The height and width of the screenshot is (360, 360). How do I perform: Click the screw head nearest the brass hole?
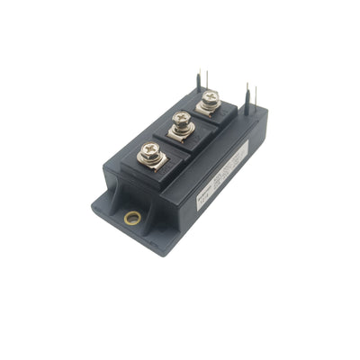pyautogui.click(x=150, y=154)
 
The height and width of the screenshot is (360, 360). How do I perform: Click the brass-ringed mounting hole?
pyautogui.click(x=132, y=217)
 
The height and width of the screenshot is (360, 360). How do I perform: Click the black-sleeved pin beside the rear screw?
pyautogui.click(x=197, y=83)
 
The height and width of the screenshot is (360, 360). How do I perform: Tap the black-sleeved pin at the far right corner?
pyautogui.click(x=247, y=96)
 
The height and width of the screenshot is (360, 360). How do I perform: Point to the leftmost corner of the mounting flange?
pyautogui.click(x=93, y=209)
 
